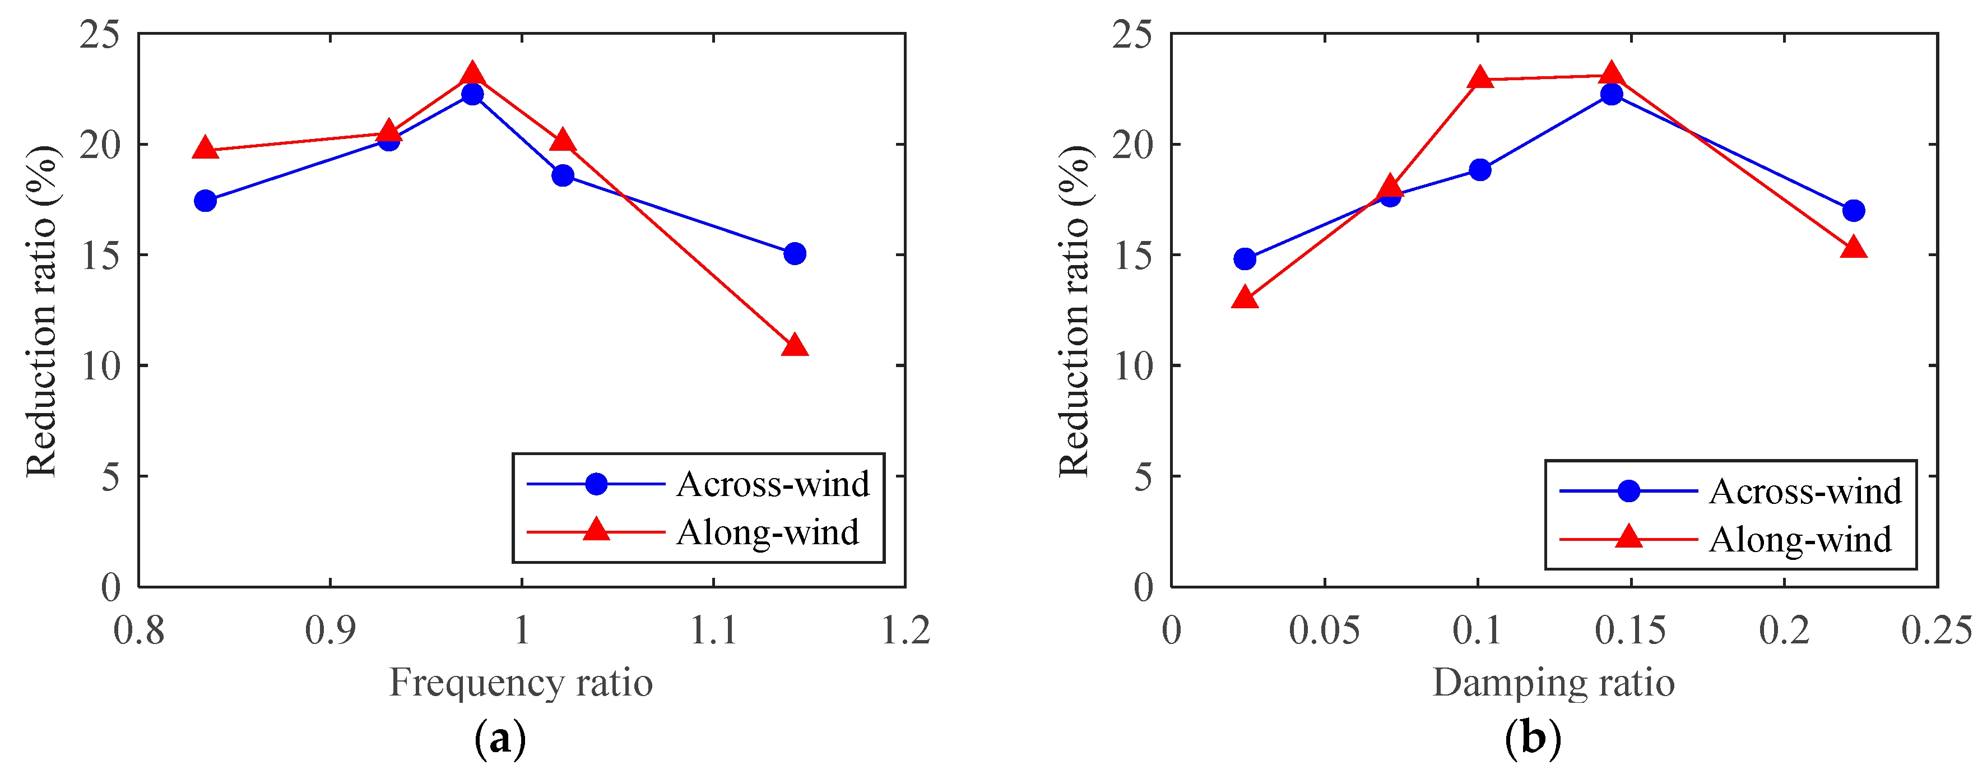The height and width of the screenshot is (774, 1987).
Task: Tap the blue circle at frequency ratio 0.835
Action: pyautogui.click(x=205, y=201)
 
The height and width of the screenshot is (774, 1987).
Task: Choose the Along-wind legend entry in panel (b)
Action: pyautogui.click(x=1799, y=539)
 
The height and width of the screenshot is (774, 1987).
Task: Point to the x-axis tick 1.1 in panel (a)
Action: pyautogui.click(x=713, y=631)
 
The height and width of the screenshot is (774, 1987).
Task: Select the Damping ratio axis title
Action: pyautogui.click(x=1553, y=682)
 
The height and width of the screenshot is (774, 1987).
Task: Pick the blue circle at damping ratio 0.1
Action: pyautogui.click(x=1479, y=170)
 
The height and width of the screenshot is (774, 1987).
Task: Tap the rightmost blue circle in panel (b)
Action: pyautogui.click(x=1853, y=211)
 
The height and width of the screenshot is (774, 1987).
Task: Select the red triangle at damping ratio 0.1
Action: pyautogui.click(x=1479, y=78)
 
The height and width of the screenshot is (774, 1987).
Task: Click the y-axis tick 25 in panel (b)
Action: pyautogui.click(x=1131, y=35)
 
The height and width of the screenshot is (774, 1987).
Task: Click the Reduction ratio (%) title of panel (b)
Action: pyautogui.click(x=1075, y=310)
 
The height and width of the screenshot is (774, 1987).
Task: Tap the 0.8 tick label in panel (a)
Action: pyautogui.click(x=139, y=631)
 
